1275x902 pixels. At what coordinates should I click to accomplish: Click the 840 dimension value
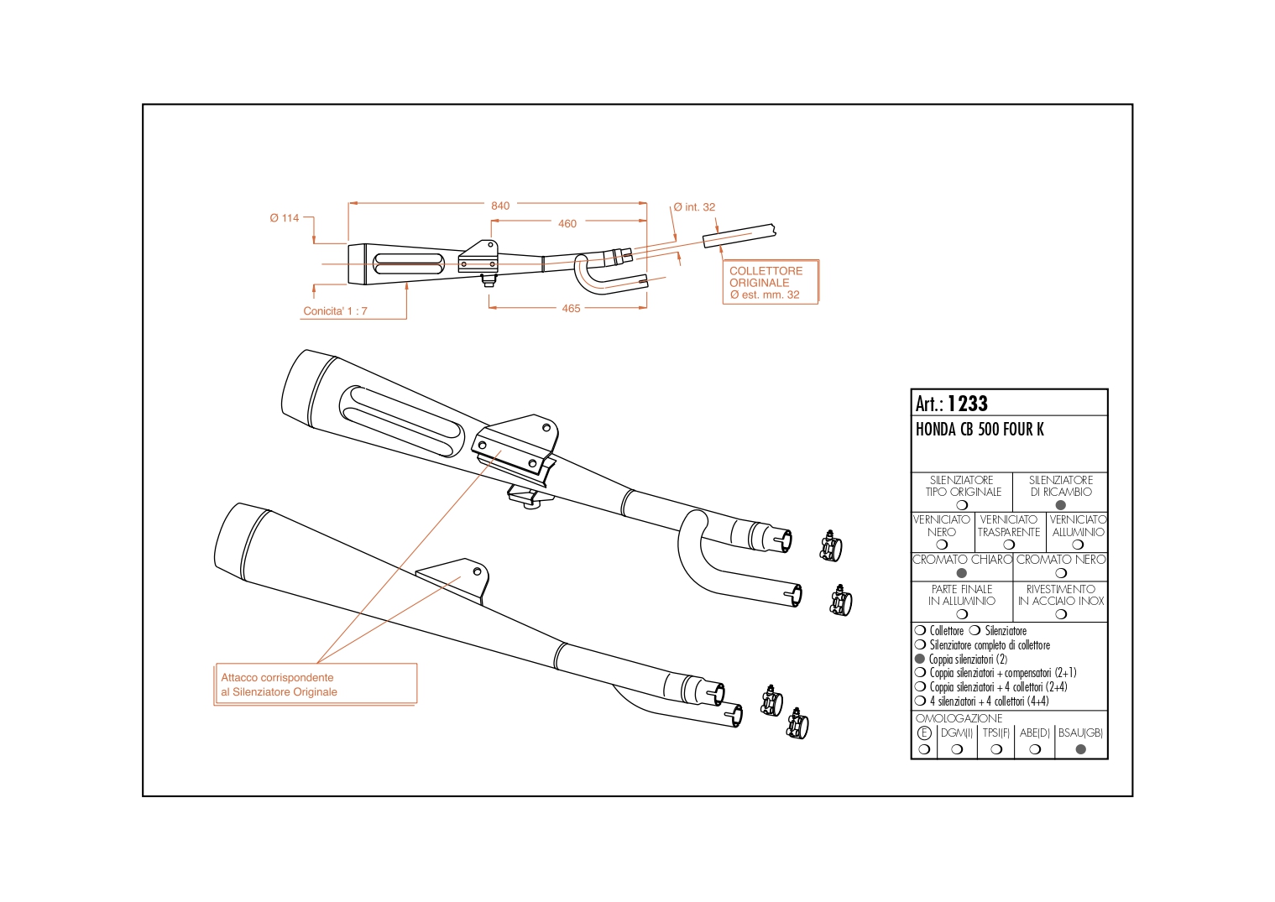pos(500,206)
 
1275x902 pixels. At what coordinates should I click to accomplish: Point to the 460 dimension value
pos(567,224)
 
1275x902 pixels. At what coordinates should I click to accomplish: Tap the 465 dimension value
pos(571,309)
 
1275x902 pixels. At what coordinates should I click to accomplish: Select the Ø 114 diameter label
pos(285,218)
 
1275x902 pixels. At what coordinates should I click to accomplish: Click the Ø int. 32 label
pos(694,207)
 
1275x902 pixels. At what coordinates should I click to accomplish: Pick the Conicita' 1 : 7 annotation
pos(335,311)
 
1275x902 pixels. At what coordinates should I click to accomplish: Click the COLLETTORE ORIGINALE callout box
pos(770,282)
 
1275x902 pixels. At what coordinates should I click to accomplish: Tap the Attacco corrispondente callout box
pos(315,685)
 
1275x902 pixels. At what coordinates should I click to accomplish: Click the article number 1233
pos(968,404)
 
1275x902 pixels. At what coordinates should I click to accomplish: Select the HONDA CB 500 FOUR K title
pos(980,430)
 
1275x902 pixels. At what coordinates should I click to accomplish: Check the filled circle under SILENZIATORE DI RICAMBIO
pos(1060,505)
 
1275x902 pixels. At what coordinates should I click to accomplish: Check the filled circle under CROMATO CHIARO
pos(962,573)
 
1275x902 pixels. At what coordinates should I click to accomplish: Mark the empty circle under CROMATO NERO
pos(1060,573)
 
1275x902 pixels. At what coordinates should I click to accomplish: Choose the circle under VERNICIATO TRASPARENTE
pos(1009,545)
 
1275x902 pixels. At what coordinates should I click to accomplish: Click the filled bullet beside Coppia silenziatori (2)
pos(920,659)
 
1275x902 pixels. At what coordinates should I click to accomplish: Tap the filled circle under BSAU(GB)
pos(1080,749)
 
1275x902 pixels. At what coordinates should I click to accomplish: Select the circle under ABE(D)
pos(1035,749)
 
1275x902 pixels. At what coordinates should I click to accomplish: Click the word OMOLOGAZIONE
pos(959,718)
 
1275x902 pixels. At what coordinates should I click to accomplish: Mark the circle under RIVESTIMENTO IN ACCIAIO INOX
pos(1060,614)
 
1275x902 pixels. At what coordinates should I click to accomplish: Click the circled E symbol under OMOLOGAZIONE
pos(924,733)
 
